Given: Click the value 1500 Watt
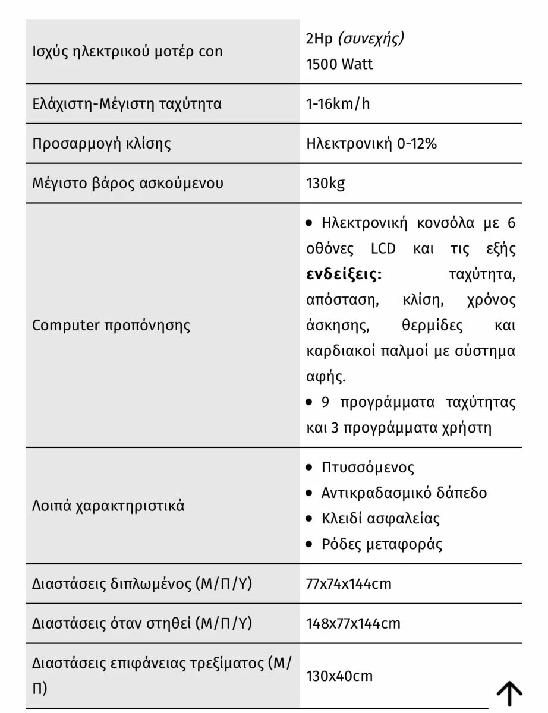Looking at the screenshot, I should [339, 64].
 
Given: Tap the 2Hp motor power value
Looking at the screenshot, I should [319, 39].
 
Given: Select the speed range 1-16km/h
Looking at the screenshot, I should [338, 104].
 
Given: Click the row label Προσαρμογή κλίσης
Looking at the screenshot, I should [102, 144].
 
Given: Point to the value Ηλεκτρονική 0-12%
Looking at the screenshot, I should [371, 143].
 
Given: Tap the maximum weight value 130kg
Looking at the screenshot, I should [325, 183].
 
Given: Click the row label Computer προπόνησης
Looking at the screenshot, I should [111, 326].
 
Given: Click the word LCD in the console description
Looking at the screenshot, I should [383, 248].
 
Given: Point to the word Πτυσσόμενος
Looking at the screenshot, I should [367, 468].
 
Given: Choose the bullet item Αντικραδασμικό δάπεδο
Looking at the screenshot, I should [404, 493].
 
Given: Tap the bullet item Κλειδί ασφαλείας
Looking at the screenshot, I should [380, 519].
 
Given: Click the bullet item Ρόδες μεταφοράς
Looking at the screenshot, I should [382, 544].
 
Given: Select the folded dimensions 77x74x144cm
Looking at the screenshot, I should [349, 584].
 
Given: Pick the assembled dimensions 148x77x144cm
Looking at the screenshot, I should [353, 624].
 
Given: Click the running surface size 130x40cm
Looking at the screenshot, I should [339, 676].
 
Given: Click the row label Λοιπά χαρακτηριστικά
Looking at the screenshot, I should [108, 506].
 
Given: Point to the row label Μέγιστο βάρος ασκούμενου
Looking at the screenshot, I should [128, 183].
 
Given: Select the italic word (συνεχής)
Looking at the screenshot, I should [371, 39].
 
